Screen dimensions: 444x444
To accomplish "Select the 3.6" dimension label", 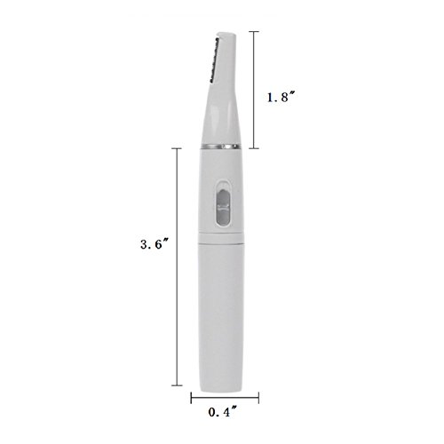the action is (x=155, y=244).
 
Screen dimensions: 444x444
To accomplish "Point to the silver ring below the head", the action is (x=221, y=147).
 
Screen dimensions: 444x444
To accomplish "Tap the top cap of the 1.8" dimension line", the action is (x=254, y=31).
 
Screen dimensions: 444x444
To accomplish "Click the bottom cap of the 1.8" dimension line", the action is (x=254, y=148).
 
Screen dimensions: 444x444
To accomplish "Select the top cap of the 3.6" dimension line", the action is (x=177, y=148).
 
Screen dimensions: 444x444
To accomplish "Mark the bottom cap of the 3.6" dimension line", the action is (x=177, y=385).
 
